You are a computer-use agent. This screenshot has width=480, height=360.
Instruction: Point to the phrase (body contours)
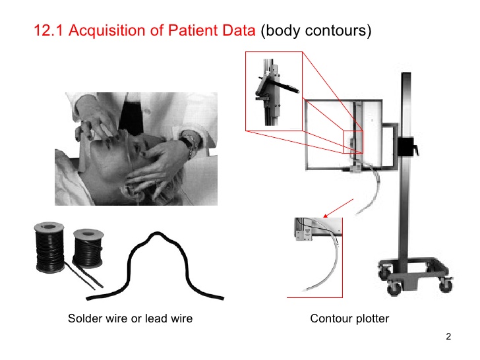(314, 30)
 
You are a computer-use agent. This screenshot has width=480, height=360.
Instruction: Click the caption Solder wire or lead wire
(131, 319)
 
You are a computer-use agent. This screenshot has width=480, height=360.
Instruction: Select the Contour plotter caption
(349, 319)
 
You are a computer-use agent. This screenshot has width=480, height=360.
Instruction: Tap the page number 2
(448, 338)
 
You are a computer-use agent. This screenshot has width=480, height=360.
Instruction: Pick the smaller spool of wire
(86, 247)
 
